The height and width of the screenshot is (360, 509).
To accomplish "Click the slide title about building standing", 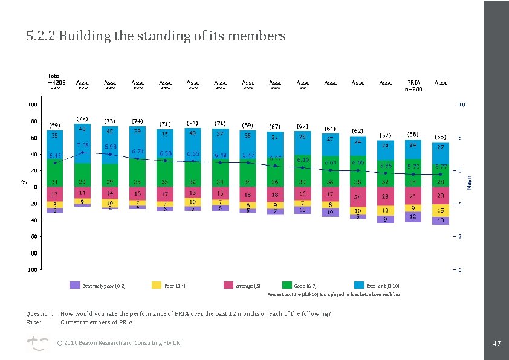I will [x=156, y=36].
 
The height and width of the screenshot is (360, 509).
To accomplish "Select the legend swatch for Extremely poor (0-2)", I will [x=75, y=285].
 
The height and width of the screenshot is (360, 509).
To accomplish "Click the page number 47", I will [x=497, y=343].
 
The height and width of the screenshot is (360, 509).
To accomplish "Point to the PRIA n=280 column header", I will [x=413, y=85].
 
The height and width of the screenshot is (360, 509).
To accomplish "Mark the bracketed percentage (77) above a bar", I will [x=82, y=119].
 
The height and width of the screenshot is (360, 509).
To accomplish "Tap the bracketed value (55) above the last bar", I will [x=441, y=137].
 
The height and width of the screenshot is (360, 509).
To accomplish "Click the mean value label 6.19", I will [x=303, y=160].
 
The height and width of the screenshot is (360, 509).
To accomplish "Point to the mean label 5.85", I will [x=386, y=164].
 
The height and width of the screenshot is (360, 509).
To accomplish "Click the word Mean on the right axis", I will [x=469, y=182].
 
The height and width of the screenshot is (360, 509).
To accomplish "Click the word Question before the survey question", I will [x=39, y=314].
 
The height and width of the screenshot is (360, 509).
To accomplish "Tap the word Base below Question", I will [x=33, y=322].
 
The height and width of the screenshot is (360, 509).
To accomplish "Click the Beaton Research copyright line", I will [x=119, y=343].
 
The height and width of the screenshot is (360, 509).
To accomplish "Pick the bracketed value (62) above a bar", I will [x=358, y=131].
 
